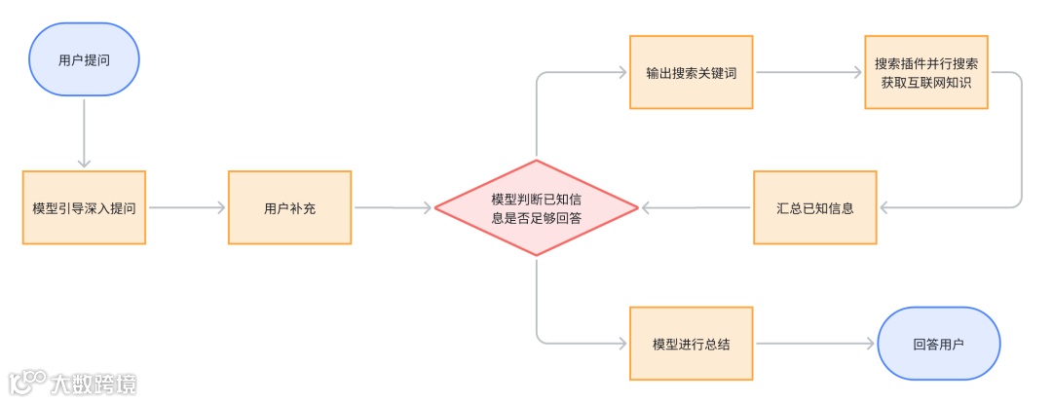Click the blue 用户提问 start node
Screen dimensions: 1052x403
click(x=84, y=59)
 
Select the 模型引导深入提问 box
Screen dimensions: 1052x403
click(x=84, y=207)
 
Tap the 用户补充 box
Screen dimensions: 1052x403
click(x=289, y=207)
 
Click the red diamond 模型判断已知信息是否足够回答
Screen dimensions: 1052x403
click(x=536, y=207)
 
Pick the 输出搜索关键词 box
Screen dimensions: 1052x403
click(x=691, y=72)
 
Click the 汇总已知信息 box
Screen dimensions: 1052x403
click(x=814, y=207)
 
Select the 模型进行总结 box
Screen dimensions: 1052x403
click(x=691, y=343)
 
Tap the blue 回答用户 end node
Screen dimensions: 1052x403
click(x=941, y=343)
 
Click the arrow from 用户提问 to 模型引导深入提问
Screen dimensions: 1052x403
click(x=84, y=132)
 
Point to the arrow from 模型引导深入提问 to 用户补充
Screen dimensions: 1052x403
click(x=187, y=207)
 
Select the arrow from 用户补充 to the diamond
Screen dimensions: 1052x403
click(x=393, y=207)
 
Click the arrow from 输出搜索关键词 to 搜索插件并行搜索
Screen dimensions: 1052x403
click(x=809, y=72)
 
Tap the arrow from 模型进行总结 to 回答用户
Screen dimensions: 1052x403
click(x=816, y=343)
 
